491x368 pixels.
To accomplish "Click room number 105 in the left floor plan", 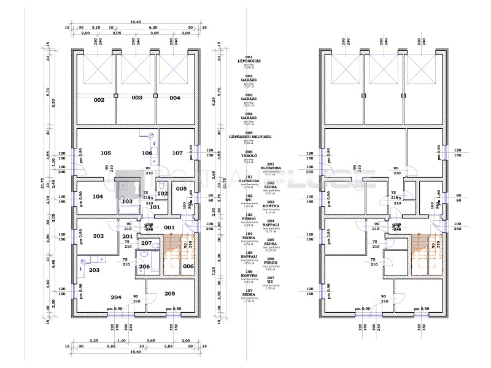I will (106, 153).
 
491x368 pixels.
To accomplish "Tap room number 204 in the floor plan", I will (115, 297).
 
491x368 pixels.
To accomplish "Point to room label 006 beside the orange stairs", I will (188, 266).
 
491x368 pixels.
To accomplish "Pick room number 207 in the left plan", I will (146, 243).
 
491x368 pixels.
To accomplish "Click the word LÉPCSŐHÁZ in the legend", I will (249, 61).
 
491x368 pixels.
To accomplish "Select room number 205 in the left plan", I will (170, 293).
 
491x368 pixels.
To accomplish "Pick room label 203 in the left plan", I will (95, 270).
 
